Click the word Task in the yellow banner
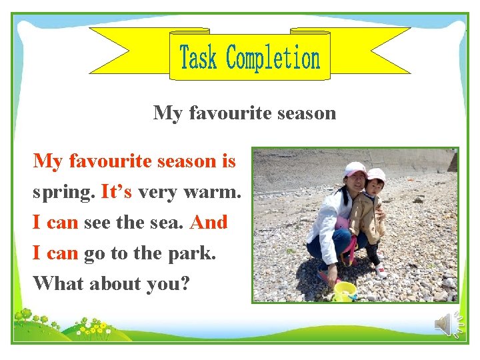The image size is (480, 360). pyautogui.click(x=199, y=58)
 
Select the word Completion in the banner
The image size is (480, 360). pyautogui.click(x=273, y=59)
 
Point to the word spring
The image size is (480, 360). pyautogui.click(x=63, y=193)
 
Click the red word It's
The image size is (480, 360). pyautogui.click(x=117, y=192)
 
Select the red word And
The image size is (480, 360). pyautogui.click(x=209, y=222)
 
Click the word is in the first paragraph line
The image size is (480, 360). pyautogui.click(x=229, y=161)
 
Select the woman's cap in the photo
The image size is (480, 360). pyautogui.click(x=355, y=169)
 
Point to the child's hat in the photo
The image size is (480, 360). pyautogui.click(x=376, y=175)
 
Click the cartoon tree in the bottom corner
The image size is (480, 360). pyautogui.click(x=26, y=314)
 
